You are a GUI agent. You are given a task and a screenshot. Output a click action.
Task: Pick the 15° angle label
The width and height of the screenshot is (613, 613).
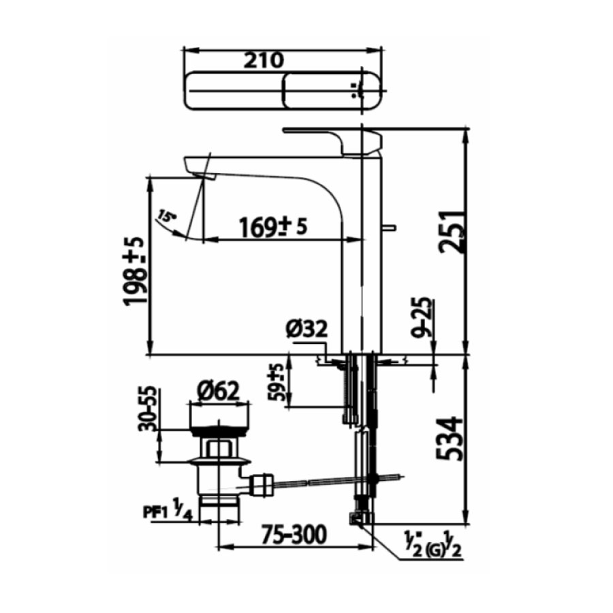[x=165, y=217]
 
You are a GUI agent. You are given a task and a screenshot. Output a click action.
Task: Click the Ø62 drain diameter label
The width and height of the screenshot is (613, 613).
[x=218, y=391]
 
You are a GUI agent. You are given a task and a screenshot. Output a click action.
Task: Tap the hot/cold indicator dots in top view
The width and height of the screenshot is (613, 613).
[x=353, y=90]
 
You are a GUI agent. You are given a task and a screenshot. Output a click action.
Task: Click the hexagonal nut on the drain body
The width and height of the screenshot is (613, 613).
[x=217, y=449]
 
